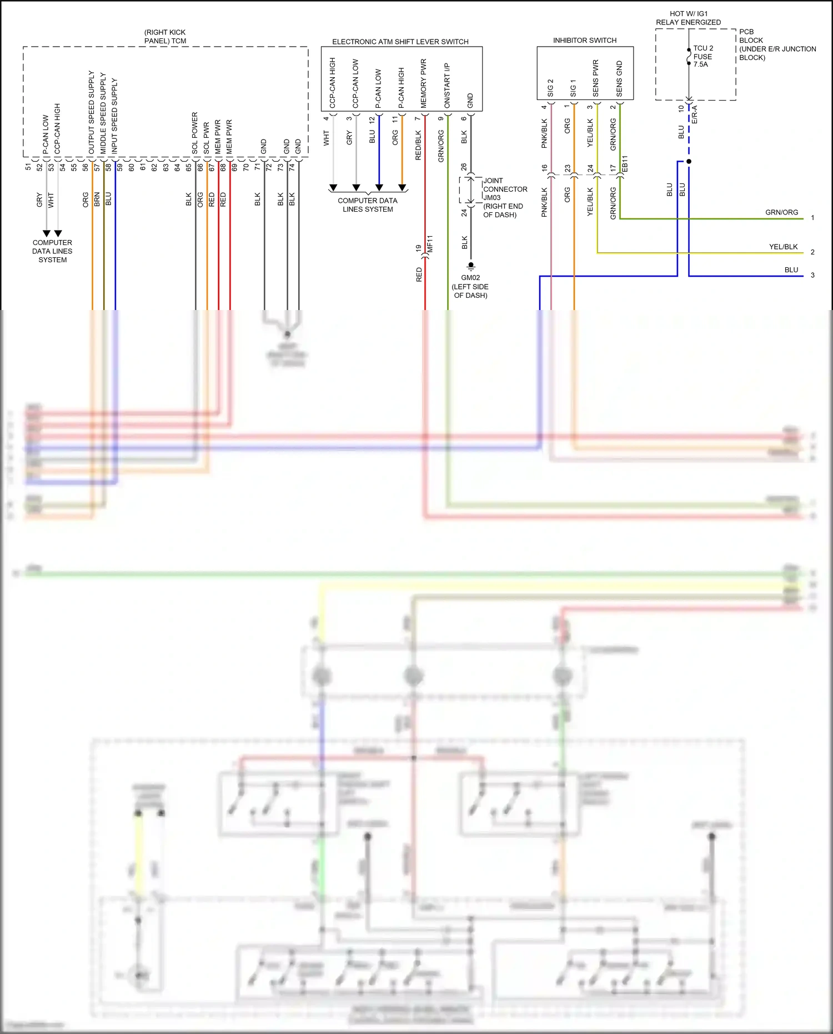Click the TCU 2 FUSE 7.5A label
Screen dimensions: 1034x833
(702, 56)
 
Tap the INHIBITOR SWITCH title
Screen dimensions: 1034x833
(584, 41)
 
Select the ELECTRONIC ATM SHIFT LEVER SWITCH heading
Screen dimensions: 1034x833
(400, 42)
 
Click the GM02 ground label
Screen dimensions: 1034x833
(470, 278)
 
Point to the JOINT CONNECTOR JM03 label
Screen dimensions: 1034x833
(504, 189)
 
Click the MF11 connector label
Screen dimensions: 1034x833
(430, 244)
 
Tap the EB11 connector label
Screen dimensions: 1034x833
(625, 163)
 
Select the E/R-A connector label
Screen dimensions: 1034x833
(694, 114)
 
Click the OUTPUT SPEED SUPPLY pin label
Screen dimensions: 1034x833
(92, 112)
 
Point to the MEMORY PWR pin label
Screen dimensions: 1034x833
(424, 83)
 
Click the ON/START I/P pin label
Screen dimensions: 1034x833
(447, 86)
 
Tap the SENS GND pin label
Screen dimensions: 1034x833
(619, 79)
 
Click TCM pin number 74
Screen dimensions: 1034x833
(292, 166)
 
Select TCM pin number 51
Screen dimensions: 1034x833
(28, 166)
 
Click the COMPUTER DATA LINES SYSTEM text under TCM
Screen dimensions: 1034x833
(52, 251)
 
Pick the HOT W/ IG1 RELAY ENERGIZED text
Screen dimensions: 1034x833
(689, 18)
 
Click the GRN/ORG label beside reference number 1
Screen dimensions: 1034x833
(781, 212)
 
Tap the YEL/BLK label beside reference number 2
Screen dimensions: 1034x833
(783, 247)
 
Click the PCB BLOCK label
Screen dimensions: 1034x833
(751, 36)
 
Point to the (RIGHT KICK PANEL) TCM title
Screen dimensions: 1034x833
(165, 37)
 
